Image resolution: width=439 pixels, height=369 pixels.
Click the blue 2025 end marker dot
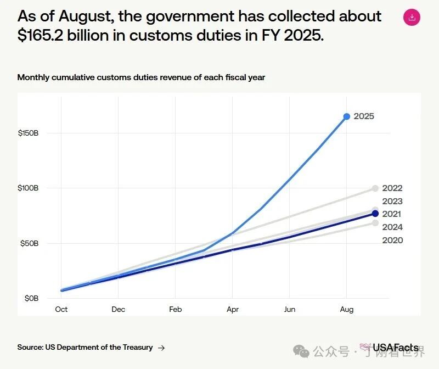[x=347, y=116]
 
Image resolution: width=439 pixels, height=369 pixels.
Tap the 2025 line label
[x=364, y=116]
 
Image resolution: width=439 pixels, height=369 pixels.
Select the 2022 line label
[x=392, y=188]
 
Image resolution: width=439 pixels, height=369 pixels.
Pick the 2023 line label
[x=392, y=202]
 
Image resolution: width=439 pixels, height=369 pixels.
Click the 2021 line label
[x=392, y=214]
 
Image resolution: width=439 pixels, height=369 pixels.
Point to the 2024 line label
[x=392, y=227]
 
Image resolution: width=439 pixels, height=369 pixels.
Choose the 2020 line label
[x=392, y=241]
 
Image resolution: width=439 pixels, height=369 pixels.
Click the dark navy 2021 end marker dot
[x=375, y=214]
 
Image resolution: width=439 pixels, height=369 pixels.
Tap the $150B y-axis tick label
[x=28, y=133]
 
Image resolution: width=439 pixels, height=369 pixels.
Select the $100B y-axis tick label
[x=28, y=188]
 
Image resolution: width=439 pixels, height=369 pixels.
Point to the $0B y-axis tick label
[x=31, y=298]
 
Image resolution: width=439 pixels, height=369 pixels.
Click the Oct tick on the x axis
[x=61, y=310]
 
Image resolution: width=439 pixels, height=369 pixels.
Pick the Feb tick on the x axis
[x=176, y=310]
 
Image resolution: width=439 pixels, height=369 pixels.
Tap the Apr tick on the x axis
[x=233, y=310]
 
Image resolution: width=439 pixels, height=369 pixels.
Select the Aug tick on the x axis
[x=347, y=310]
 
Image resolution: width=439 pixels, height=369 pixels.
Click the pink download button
[x=412, y=17]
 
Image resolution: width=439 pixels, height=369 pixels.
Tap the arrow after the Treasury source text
[x=161, y=348]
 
